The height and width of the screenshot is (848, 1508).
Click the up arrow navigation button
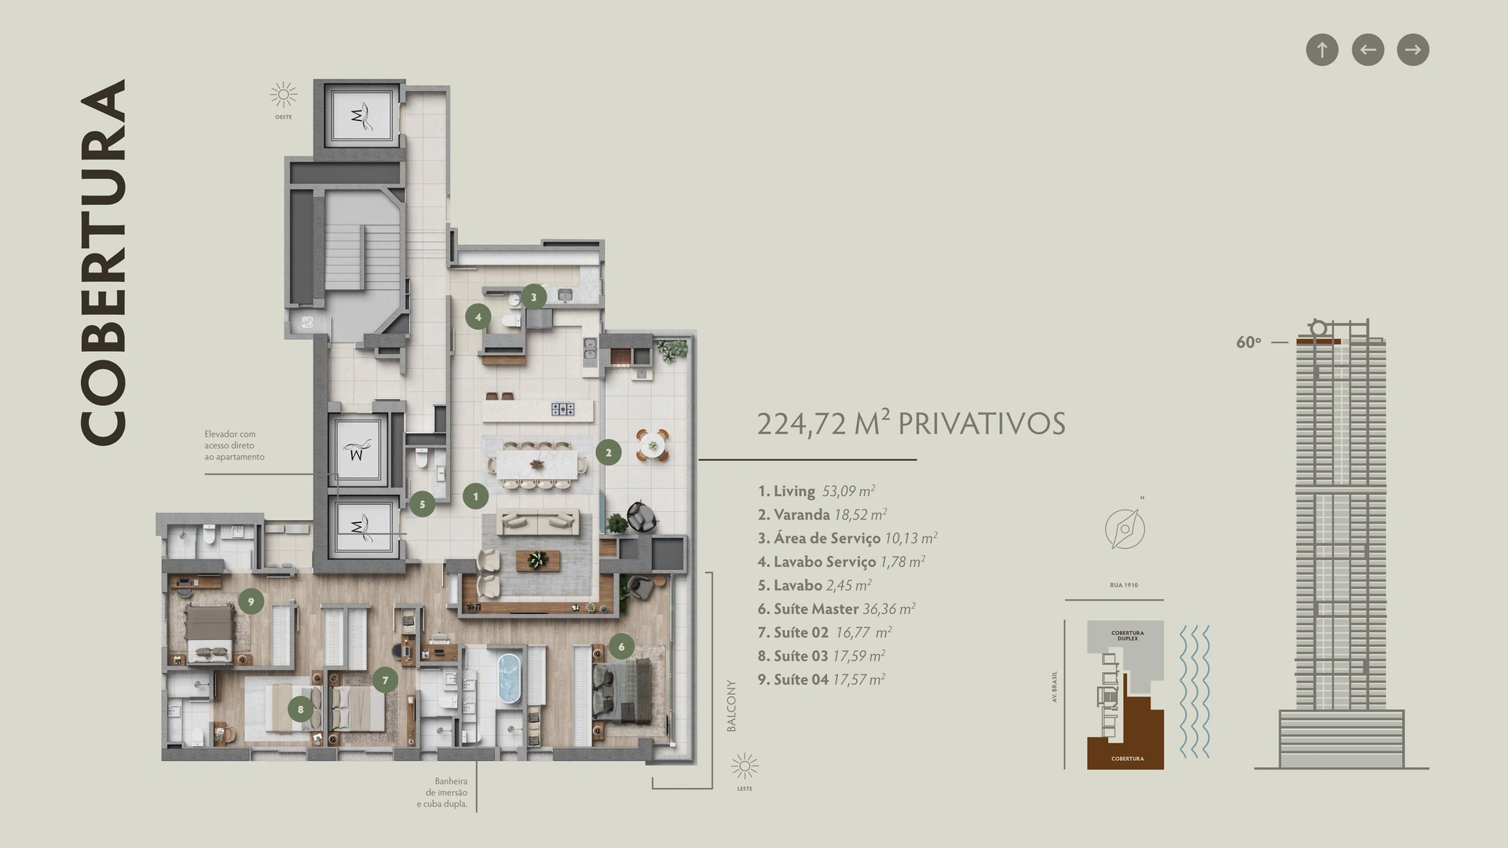pos(1322,49)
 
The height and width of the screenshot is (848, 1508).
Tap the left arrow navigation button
pos(1367,49)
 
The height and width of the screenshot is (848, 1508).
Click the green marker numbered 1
pos(475,496)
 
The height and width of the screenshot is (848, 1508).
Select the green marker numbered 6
pos(621,646)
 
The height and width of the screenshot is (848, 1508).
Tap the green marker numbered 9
pos(251,602)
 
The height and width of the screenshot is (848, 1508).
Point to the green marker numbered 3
pos(533,297)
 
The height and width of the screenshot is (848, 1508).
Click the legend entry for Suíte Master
pos(836,609)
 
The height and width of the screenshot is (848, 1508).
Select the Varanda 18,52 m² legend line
pos(822,514)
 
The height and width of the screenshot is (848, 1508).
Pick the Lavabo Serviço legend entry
pos(841,561)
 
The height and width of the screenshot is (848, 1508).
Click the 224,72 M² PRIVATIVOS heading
pos(911,422)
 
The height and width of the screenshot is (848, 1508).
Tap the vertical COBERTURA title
pos(103,261)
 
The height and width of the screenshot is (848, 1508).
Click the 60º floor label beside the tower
pos(1248,342)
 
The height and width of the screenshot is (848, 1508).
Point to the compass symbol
pos(1125,528)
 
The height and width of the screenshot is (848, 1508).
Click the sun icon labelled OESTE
pos(284,96)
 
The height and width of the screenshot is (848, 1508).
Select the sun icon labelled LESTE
pos(745,766)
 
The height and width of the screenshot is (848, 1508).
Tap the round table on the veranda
pos(653,445)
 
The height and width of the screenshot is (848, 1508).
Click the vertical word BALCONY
pos(732,706)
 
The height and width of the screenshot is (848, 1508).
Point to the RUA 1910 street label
pos(1124,585)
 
